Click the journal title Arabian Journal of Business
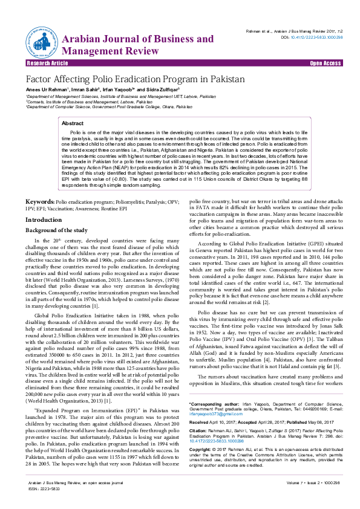point(137,39)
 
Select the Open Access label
point(325,63)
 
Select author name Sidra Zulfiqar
point(157,89)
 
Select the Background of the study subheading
point(56,230)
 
